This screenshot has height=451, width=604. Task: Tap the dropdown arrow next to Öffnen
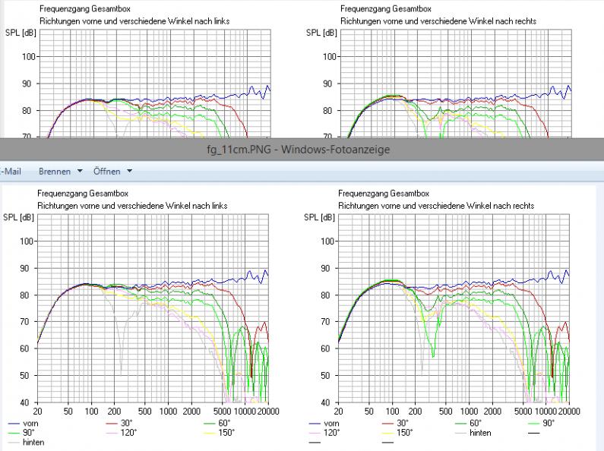point(130,172)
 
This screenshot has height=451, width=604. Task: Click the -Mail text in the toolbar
point(12,172)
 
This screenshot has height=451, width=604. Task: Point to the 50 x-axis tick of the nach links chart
point(68,411)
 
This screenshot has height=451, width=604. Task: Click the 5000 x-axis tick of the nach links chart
point(223,411)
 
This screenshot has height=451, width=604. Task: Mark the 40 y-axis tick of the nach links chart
point(25,402)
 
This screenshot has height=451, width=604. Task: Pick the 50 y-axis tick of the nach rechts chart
point(326,376)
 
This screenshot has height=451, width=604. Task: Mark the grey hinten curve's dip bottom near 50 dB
point(120,373)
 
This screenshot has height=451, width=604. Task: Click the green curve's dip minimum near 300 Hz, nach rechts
point(432,356)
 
